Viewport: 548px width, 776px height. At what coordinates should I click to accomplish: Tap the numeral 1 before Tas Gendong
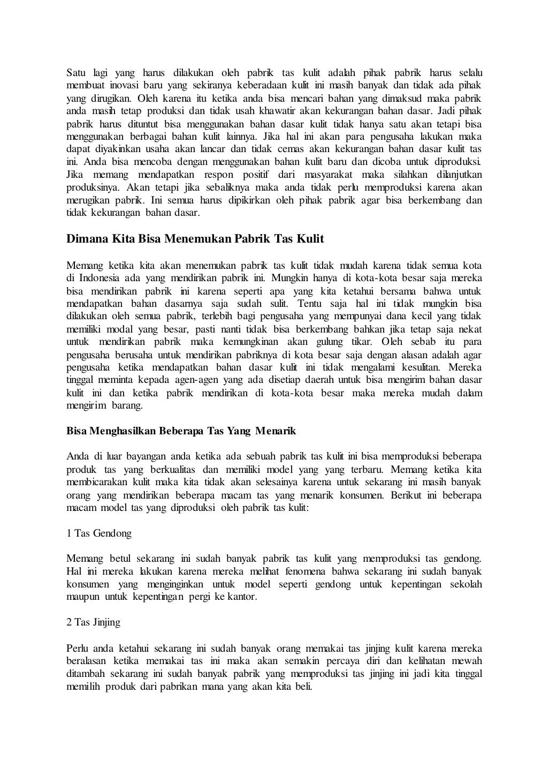69,533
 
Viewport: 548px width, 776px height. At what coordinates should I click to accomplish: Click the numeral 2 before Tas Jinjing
69,622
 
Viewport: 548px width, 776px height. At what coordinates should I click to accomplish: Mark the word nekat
469,329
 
